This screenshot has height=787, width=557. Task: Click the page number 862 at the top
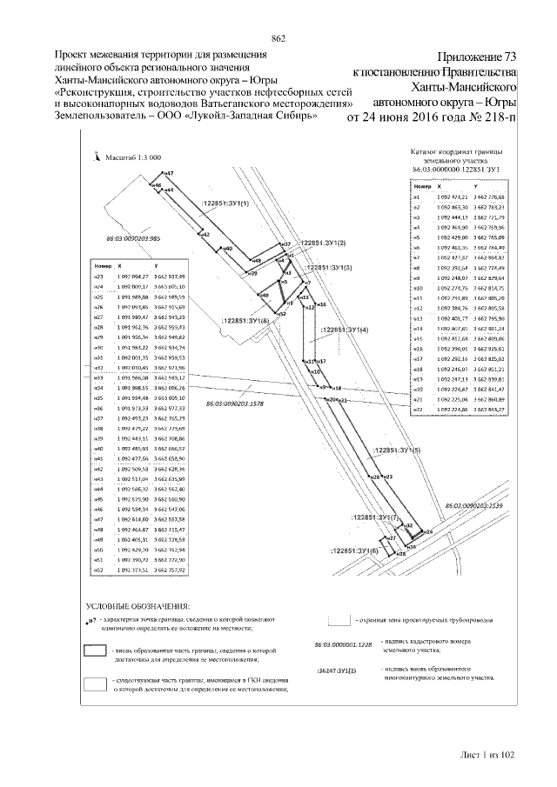278,37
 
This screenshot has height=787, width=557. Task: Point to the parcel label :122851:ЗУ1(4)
345,330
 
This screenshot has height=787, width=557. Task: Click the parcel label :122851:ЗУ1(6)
355,550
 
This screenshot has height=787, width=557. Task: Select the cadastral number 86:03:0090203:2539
475,504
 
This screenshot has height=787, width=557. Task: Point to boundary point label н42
203,235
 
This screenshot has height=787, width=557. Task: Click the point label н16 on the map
321,305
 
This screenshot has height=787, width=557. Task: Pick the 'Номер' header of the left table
99,263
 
